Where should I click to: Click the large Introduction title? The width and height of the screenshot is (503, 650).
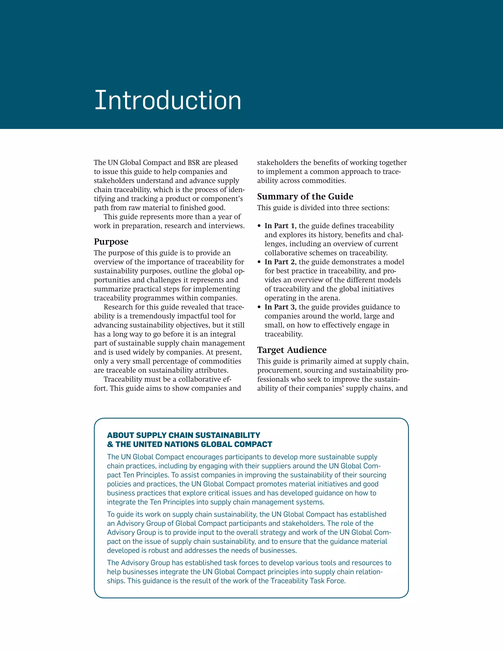tap(168, 101)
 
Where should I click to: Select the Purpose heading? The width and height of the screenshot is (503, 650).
tap(111, 241)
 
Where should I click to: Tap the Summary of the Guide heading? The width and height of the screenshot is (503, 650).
tap(305, 196)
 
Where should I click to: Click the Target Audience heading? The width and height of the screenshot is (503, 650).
tap(292, 350)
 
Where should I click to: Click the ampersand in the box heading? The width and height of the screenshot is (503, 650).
tap(110, 444)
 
